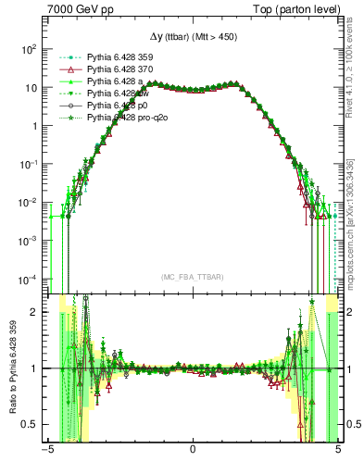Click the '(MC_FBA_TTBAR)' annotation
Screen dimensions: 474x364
192,277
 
